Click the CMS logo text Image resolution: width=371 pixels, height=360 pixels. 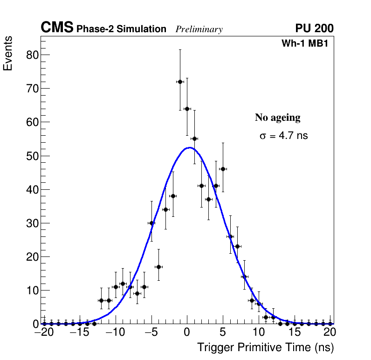tap(57, 28)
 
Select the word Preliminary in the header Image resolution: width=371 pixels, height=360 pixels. tap(199, 29)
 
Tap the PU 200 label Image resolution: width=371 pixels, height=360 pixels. tap(314, 28)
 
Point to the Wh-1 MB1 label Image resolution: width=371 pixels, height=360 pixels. tap(308, 43)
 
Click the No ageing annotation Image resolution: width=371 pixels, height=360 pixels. tap(277, 118)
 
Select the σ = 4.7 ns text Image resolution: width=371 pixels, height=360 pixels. tap(283, 136)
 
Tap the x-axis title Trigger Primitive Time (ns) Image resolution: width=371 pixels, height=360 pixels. tap(265, 347)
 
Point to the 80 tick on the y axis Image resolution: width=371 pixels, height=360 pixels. tap(30, 55)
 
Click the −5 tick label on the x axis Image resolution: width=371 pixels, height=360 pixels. tap(151, 332)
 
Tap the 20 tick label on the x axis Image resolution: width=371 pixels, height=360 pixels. tap(330, 332)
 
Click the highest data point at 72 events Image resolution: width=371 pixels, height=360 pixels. tap(180, 82)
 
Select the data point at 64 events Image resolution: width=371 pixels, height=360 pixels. tap(187, 109)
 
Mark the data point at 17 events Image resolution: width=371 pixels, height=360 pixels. tap(158, 267)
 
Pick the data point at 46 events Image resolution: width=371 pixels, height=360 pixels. tap(223, 169)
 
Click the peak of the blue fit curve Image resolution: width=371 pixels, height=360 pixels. tap(188, 148)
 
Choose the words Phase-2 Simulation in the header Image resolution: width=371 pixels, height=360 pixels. tap(121, 29)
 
